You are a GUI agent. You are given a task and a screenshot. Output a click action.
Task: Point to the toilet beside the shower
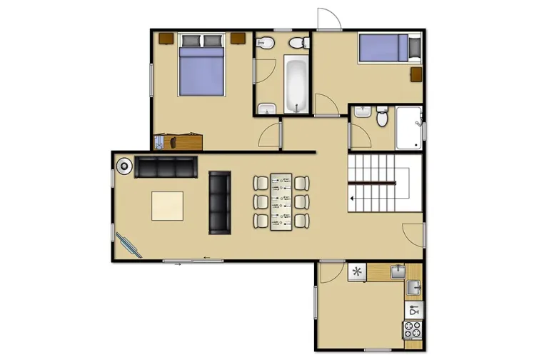[382, 118]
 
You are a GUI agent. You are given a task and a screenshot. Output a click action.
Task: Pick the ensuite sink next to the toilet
[362, 112]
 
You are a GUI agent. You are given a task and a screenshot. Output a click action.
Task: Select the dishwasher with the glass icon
[413, 310]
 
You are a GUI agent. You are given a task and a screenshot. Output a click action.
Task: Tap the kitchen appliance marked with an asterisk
[355, 271]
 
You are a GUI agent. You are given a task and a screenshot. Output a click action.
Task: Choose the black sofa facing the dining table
[219, 203]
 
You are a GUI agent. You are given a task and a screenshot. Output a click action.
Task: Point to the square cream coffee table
[167, 206]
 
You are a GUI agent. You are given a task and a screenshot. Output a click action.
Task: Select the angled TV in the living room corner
[129, 244]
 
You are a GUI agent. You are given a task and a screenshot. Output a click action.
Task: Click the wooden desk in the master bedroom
[178, 141]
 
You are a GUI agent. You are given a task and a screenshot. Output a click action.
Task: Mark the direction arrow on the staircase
[352, 194]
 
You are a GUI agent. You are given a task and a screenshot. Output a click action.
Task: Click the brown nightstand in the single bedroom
[415, 74]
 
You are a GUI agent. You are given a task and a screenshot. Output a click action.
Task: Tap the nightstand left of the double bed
[166, 37]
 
